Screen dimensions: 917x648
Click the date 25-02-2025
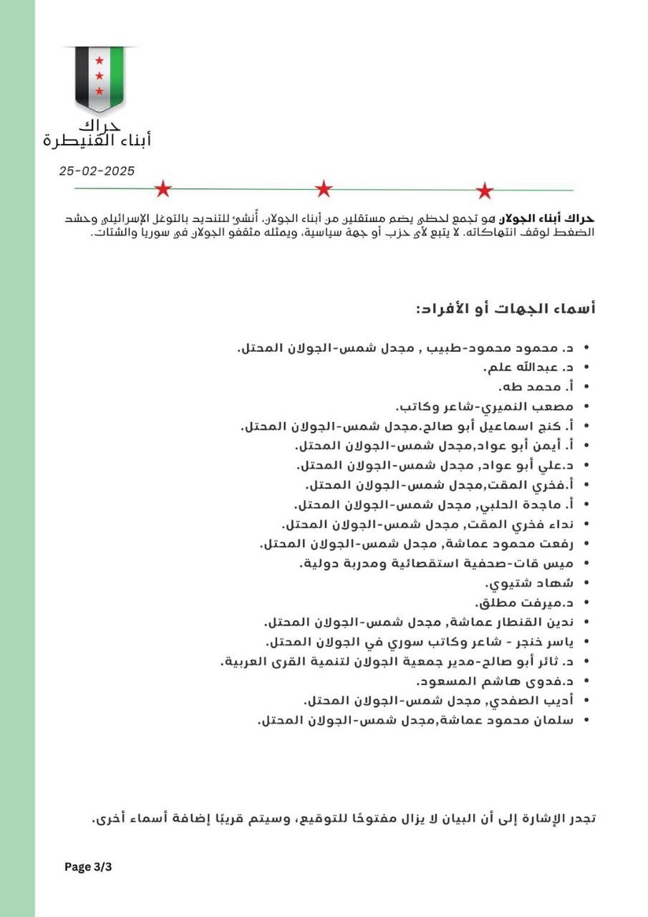coord(97,171)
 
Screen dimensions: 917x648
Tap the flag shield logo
coord(100,77)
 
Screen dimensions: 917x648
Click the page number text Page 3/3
coord(88,867)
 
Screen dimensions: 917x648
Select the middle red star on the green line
coord(324,189)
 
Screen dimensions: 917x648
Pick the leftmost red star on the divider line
coord(163,189)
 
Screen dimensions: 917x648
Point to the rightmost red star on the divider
coord(485,191)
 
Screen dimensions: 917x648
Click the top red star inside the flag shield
coord(100,60)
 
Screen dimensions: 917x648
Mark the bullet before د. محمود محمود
coord(587,347)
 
